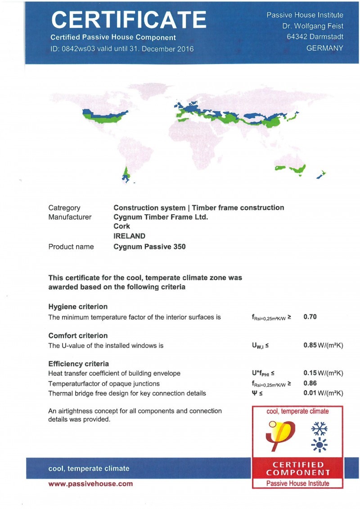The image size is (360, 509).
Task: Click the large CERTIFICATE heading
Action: [129, 19]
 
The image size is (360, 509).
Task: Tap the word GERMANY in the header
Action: [324, 48]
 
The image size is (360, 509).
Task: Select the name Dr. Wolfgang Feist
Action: [313, 26]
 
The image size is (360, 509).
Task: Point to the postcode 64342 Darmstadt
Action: [315, 37]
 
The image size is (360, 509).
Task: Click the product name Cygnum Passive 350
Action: [149, 247]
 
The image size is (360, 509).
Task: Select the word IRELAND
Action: [130, 236]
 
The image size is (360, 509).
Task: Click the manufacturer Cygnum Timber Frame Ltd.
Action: [161, 217]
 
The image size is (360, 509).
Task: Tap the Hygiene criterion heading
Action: [78, 306]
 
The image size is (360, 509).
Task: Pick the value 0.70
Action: [310, 317]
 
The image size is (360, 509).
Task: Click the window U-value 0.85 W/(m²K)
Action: [323, 346]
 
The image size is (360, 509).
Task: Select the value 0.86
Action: [310, 383]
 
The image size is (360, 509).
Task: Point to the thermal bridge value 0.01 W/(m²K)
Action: [323, 393]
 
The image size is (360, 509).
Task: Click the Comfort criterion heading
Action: [78, 335]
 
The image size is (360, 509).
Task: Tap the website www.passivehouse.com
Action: [90, 484]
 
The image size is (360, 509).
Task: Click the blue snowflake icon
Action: [319, 428]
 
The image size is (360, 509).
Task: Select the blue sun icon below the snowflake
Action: [319, 445]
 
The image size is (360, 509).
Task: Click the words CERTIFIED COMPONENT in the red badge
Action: [297, 468]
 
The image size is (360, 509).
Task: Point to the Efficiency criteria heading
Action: [78, 364]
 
